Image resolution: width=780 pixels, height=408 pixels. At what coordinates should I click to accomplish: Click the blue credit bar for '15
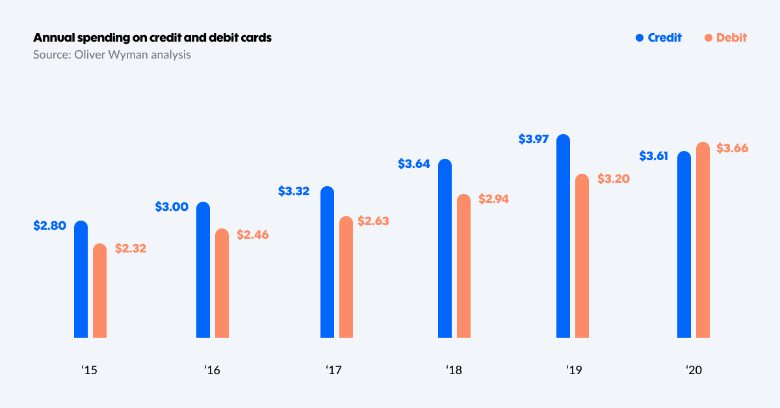pos(81,280)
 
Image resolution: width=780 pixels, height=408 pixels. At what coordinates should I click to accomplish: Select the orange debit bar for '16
pos(222,284)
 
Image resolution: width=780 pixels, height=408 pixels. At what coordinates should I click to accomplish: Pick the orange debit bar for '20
pos(703,240)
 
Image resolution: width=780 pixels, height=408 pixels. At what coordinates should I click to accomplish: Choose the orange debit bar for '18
pos(463,266)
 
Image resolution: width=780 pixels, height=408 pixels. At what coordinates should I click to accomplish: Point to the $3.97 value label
pos(534,139)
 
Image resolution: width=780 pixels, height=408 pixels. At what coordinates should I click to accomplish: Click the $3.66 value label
pos(732,148)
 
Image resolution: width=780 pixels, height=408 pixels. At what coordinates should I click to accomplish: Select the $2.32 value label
pos(131,248)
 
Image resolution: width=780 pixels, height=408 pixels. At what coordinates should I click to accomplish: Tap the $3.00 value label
pos(172,207)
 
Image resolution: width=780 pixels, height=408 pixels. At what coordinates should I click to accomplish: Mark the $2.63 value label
pos(373,221)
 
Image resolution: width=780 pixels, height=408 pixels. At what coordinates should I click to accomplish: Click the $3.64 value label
pos(414,164)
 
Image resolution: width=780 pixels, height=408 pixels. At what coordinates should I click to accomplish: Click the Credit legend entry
pos(658,38)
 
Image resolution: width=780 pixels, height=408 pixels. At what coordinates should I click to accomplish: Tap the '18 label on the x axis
pos(454,370)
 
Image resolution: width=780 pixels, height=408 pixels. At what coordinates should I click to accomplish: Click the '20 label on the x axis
pos(694,370)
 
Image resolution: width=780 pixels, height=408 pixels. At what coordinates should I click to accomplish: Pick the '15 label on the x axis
pos(89,370)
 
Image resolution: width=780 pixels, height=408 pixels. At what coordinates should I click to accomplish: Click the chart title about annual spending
pos(152,38)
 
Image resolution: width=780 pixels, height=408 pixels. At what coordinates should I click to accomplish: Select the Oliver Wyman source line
pos(112,55)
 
